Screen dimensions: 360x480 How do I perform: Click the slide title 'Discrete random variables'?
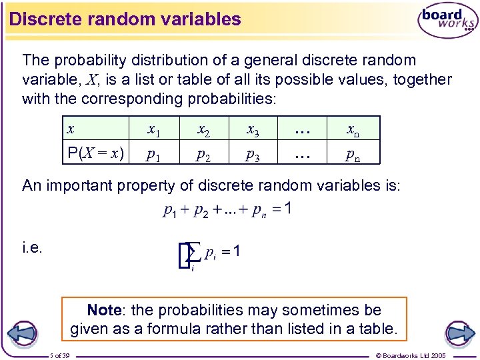tap(125, 19)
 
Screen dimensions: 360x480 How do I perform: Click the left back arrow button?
tap(23, 333)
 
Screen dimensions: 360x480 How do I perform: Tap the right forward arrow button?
tap(459, 333)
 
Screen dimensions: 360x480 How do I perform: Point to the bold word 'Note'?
tap(103, 310)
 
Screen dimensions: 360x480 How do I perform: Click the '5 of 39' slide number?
tap(64, 355)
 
